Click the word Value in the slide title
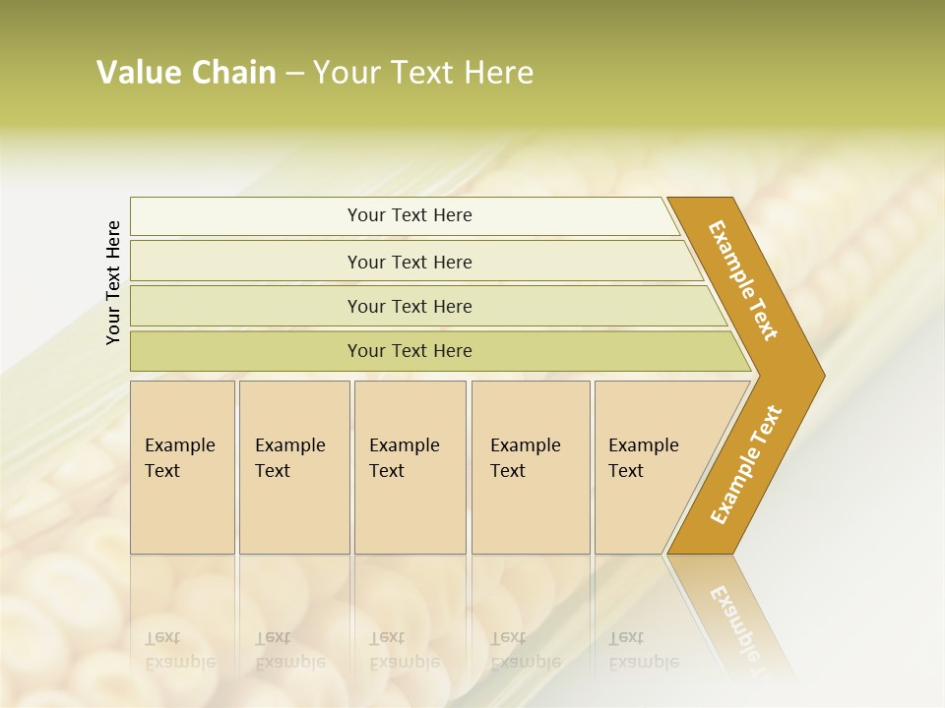pos(139,73)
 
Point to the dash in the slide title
pos(294,74)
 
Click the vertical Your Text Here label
pos(113,282)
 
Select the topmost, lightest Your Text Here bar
pos(409,215)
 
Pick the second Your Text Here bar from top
pos(409,262)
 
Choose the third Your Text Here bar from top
pos(409,306)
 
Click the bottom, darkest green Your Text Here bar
pos(409,351)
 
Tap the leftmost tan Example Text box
pos(182,467)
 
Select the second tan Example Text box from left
pos(293,467)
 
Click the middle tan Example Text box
pos(409,467)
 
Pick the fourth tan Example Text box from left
pos(530,467)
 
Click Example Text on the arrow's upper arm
pos(743,280)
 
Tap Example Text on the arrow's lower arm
pos(745,465)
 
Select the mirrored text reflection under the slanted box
pos(643,650)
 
